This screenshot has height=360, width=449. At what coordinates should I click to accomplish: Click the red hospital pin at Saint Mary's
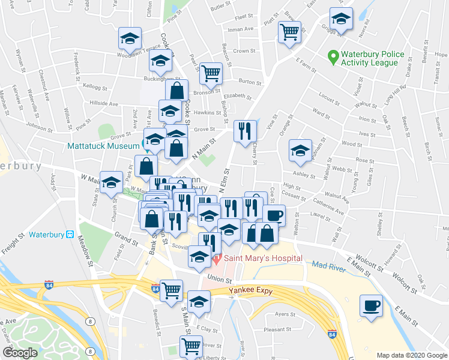click(x=217, y=259)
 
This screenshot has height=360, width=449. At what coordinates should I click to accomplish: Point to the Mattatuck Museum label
click(x=104, y=145)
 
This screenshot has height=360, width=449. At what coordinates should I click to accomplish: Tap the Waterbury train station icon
click(x=70, y=234)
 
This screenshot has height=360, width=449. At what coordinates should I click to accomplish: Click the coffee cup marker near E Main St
click(x=371, y=306)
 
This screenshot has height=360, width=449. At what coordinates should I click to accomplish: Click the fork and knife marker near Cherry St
click(x=244, y=131)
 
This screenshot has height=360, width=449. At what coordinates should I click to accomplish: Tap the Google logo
click(x=20, y=353)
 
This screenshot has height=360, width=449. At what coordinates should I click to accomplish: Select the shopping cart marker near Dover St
click(x=191, y=346)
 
